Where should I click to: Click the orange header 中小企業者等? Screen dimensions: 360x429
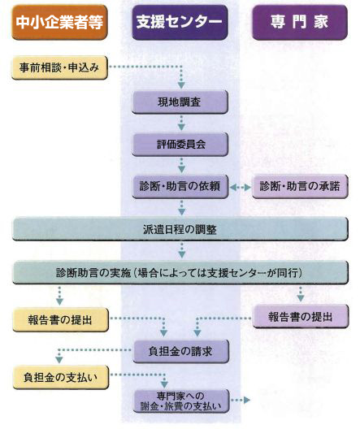click(59, 22)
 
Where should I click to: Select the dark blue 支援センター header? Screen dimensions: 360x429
click(180, 22)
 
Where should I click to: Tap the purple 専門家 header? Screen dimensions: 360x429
click(300, 22)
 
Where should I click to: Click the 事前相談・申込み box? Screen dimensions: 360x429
click(59, 67)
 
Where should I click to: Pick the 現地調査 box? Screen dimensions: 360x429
click(180, 102)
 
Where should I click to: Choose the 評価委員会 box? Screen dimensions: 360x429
click(180, 144)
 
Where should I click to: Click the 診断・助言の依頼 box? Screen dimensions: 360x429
click(180, 186)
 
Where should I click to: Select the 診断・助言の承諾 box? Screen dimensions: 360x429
click(300, 186)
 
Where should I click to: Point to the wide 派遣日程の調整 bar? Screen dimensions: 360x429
click(180, 229)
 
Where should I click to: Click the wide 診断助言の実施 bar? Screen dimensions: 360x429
click(180, 272)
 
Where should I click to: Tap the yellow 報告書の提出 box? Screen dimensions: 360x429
click(60, 320)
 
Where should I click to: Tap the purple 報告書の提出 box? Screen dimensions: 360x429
click(301, 317)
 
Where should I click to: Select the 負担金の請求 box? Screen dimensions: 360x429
click(180, 351)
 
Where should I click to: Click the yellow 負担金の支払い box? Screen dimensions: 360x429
click(61, 377)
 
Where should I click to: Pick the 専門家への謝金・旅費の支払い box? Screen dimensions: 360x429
click(181, 401)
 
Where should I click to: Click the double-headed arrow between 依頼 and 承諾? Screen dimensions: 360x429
click(241, 187)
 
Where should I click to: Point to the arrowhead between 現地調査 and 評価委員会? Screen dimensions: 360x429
click(181, 127)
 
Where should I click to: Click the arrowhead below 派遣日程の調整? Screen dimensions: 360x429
click(182, 255)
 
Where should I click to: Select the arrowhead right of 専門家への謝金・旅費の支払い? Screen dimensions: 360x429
click(247, 400)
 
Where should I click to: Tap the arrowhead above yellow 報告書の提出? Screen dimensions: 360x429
click(59, 301)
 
